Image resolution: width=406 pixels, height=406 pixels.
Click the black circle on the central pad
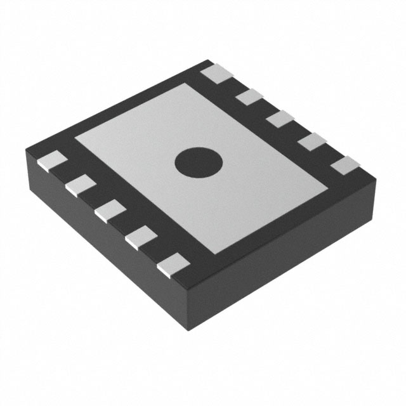200,162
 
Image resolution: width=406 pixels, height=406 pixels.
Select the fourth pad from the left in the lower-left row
141,239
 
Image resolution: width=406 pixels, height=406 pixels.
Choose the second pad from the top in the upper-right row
250,97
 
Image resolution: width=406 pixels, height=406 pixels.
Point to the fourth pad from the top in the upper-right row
312,142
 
